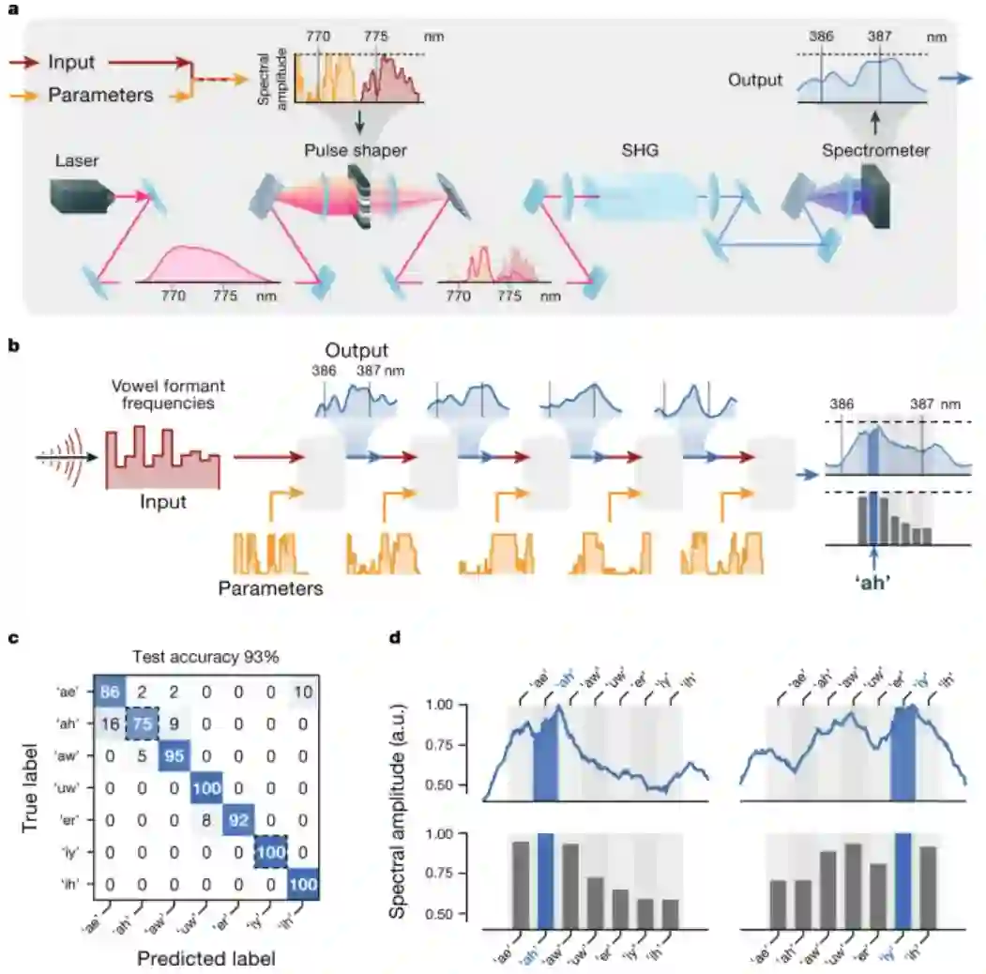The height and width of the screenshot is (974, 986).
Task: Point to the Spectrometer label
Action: [x=875, y=150]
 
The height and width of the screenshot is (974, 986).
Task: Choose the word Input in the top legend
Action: [x=71, y=63]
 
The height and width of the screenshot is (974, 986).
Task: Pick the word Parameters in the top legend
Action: [x=100, y=95]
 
